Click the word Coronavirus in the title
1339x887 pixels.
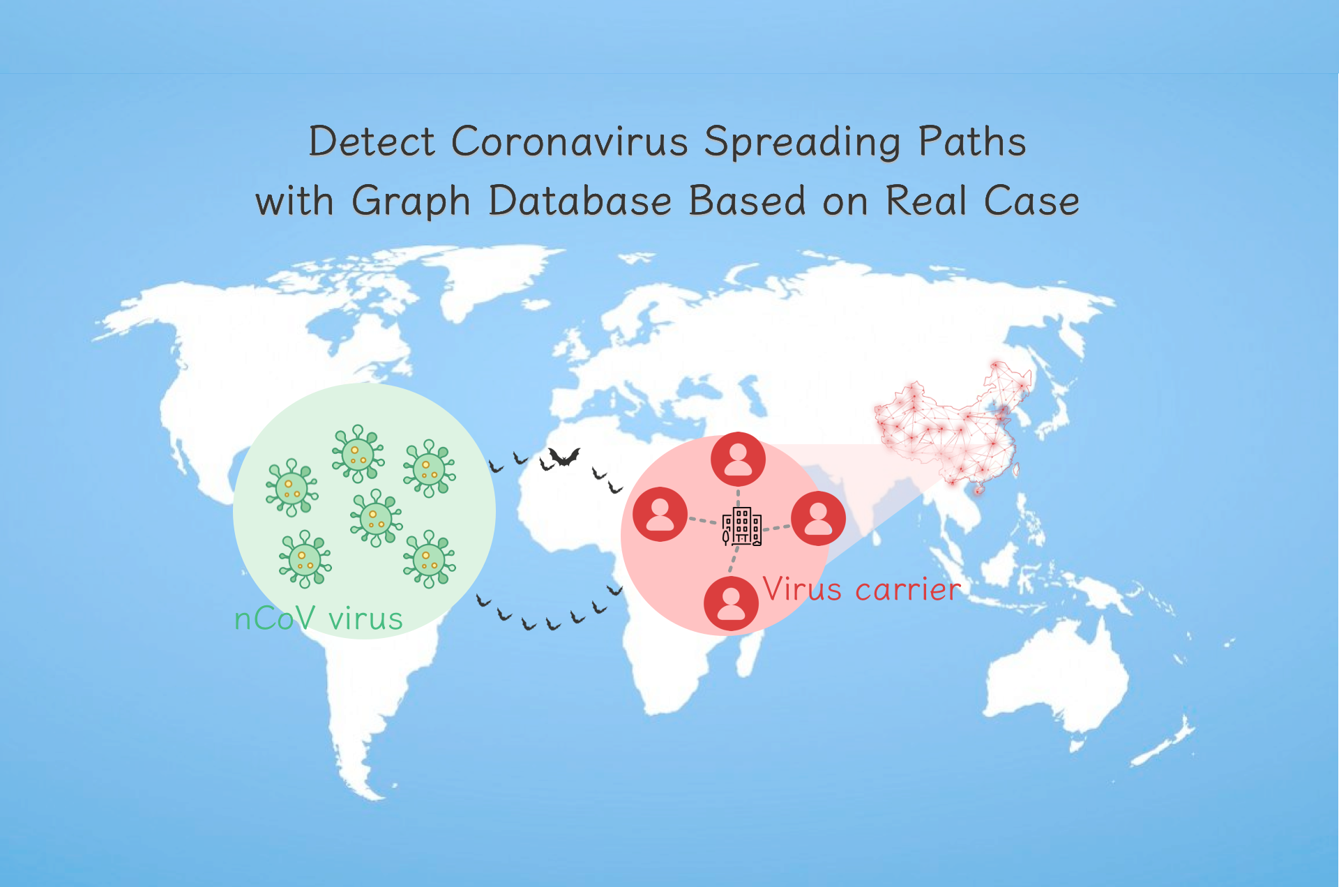click(570, 142)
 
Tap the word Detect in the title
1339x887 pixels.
click(372, 142)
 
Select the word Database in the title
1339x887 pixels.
click(580, 201)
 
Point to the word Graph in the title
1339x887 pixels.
click(411, 202)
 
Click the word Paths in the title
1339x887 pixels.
click(972, 142)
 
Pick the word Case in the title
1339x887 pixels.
click(1031, 201)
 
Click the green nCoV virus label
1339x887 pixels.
click(319, 619)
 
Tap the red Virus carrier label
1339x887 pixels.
click(862, 589)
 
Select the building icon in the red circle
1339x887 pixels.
click(741, 526)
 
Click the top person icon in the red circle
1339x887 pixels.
click(738, 460)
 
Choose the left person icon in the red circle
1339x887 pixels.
click(660, 515)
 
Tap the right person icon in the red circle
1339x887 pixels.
click(819, 518)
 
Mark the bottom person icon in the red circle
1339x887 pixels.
click(731, 604)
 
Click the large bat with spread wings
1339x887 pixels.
click(563, 457)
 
